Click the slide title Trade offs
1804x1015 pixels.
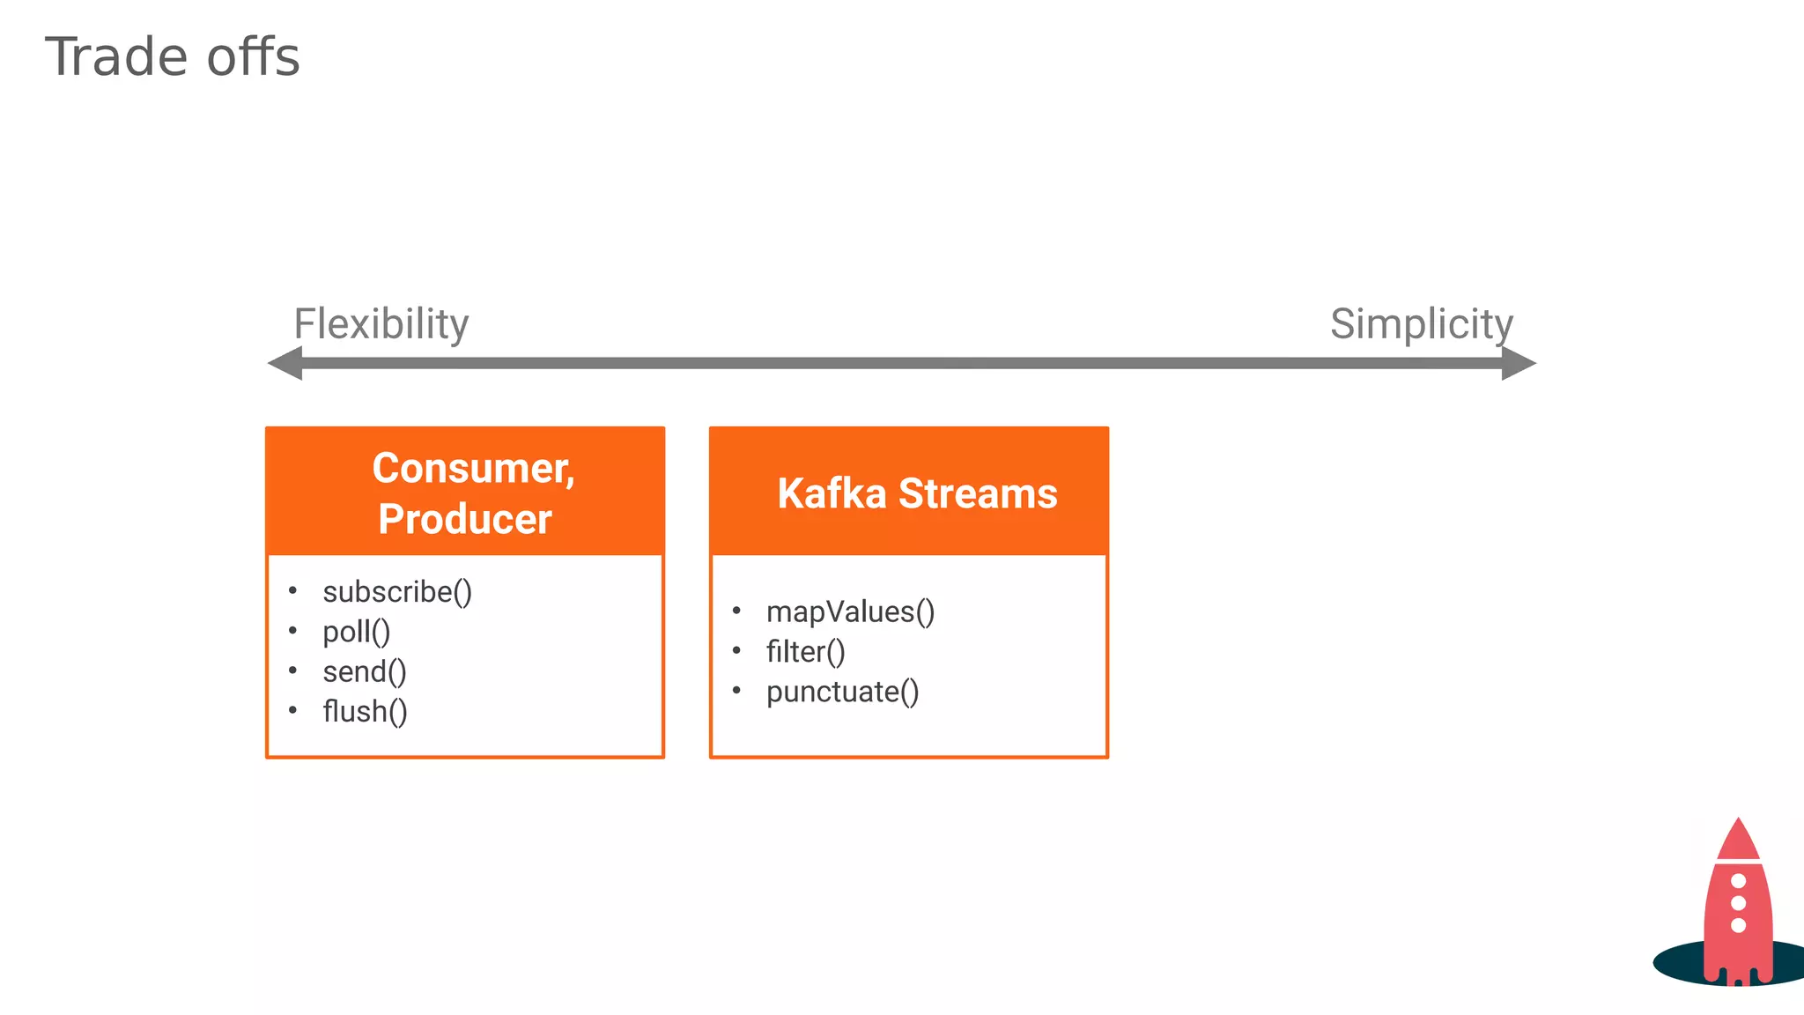tap(173, 57)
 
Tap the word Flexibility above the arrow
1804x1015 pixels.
tap(381, 324)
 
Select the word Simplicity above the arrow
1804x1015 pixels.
tap(1421, 324)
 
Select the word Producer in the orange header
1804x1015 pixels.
tap(465, 519)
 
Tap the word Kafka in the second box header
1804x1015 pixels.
tap(832, 493)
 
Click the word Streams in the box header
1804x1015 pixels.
tap(978, 493)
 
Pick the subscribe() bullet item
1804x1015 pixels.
tap(397, 592)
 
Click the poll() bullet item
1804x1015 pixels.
tap(356, 632)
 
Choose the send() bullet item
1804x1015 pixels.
tap(365, 672)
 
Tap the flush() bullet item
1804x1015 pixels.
tap(365, 712)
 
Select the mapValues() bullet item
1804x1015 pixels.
tap(850, 612)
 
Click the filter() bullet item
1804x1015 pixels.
tap(805, 652)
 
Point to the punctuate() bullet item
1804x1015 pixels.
tap(842, 693)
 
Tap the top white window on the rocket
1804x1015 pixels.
tap(1738, 881)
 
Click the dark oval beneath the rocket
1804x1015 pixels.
tap(1678, 963)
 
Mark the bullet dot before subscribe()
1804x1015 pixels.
tap(293, 590)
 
